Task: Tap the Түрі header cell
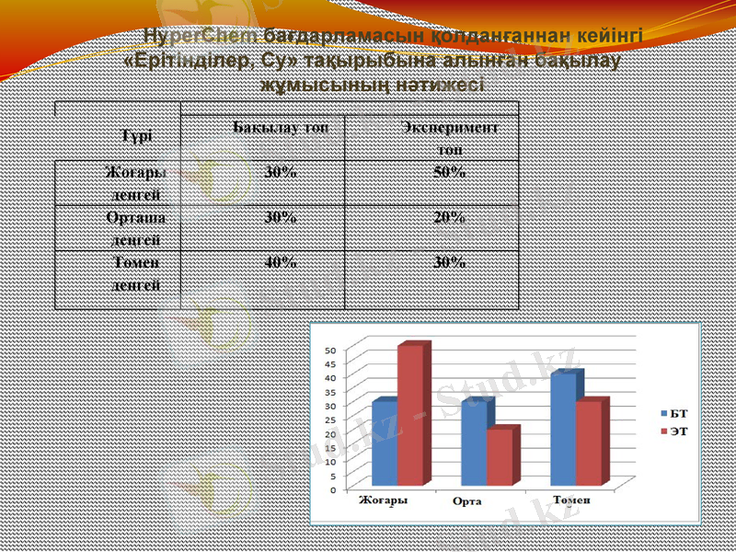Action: tap(134, 134)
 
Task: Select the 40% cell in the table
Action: tap(281, 262)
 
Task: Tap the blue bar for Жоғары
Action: tap(385, 443)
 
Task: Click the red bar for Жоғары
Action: tap(410, 416)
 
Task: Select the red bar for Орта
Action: tap(500, 457)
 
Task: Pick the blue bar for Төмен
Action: tap(563, 430)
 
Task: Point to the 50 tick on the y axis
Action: tap(332, 350)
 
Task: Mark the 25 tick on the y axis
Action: tap(332, 420)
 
